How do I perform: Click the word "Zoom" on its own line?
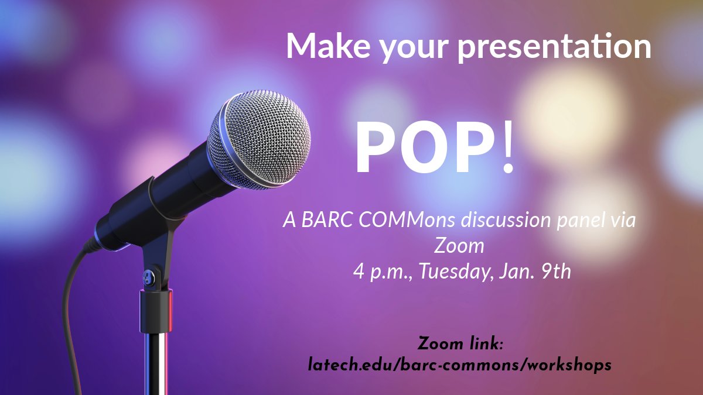(x=459, y=246)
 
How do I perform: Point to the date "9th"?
(x=554, y=272)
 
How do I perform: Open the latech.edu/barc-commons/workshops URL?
(x=460, y=365)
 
